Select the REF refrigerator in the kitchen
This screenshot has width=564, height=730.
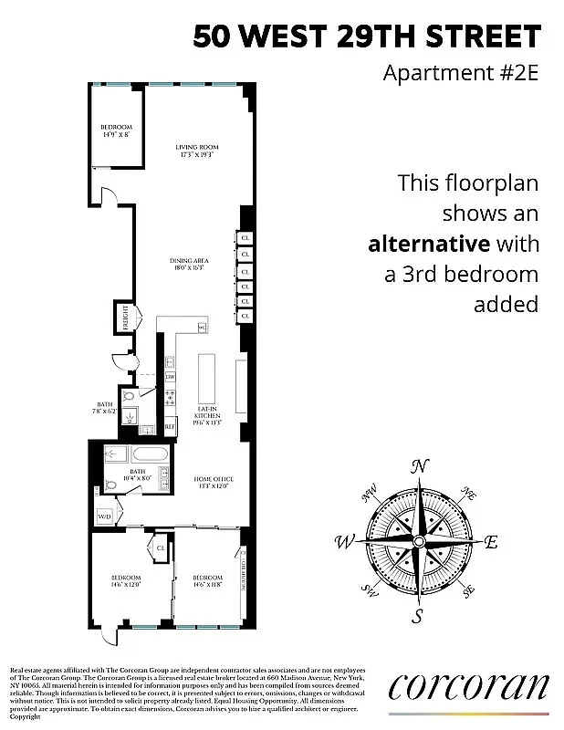170,426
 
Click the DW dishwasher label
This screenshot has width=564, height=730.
170,376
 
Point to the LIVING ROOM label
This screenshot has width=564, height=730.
197,150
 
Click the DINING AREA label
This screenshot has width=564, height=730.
196,265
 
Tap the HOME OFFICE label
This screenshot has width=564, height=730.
209,482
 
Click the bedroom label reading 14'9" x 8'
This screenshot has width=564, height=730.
117,130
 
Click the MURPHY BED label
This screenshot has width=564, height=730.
243,572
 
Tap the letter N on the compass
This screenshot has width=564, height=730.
420,466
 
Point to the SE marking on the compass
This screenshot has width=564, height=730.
469,591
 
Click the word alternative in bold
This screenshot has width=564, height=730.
428,244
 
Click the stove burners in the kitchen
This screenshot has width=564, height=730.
170,399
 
